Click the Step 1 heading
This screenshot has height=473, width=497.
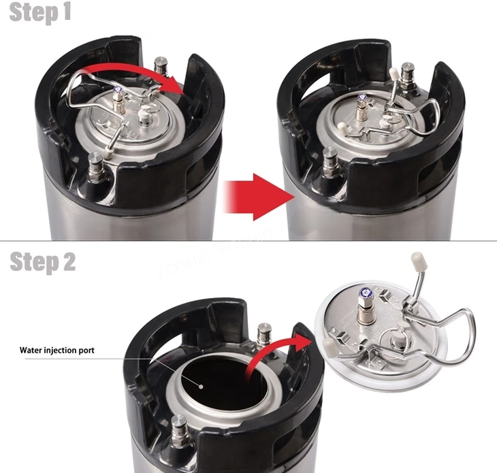40,13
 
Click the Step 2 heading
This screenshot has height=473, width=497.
42,262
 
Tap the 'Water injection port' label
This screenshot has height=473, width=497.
57,350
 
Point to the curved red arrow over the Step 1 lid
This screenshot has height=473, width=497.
133,72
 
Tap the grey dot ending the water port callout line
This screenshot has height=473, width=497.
201,387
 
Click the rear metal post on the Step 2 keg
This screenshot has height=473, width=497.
263,336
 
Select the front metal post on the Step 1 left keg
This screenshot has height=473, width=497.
95,167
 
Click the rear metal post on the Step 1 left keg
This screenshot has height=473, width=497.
161,66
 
